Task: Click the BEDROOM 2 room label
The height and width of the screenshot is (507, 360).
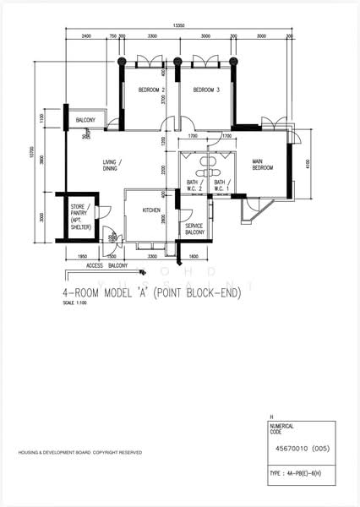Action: [151, 90]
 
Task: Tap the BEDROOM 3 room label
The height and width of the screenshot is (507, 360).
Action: [206, 90]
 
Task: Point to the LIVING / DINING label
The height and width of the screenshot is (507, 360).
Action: [112, 166]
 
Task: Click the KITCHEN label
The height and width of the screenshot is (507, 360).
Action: [151, 210]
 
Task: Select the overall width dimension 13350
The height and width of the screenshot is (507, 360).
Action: [179, 26]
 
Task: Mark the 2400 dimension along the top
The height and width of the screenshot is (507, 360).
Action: [86, 37]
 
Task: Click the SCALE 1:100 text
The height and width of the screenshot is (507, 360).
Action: [75, 303]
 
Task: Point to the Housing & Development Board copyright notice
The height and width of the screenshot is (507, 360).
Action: [80, 453]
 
